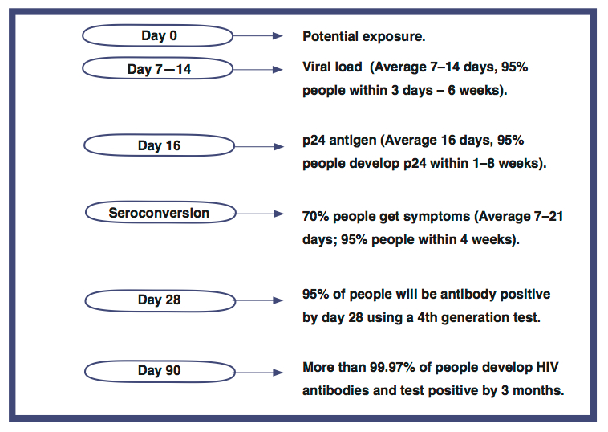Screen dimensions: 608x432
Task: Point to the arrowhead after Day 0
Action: pyautogui.click(x=278, y=35)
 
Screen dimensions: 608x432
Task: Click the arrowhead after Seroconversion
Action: pyautogui.click(x=279, y=214)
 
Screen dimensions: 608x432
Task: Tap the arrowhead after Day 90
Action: pyautogui.click(x=278, y=373)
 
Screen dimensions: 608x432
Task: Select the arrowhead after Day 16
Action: pyautogui.click(x=279, y=146)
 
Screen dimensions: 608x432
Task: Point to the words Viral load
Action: pyautogui.click(x=332, y=67)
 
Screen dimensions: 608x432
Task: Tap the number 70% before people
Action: pyautogui.click(x=316, y=216)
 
